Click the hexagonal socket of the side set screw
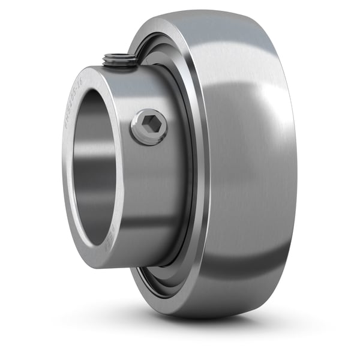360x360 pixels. click(x=149, y=127)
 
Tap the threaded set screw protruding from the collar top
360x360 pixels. click(x=118, y=58)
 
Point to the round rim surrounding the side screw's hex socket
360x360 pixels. click(x=140, y=135)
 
